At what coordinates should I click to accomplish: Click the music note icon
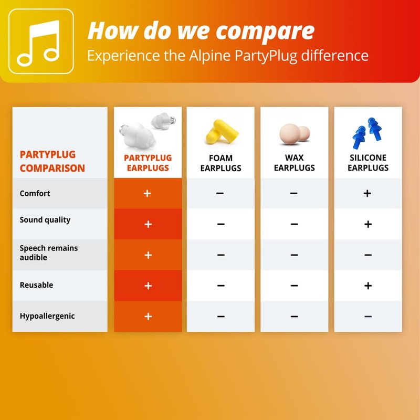pyautogui.click(x=38, y=43)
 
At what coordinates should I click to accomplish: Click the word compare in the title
pyautogui.click(x=265, y=31)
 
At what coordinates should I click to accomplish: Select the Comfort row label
pyautogui.click(x=35, y=193)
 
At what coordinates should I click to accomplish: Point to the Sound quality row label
pyautogui.click(x=45, y=220)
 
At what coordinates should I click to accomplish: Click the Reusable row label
pyautogui.click(x=36, y=285)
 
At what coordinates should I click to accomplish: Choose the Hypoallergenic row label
pyautogui.click(x=47, y=317)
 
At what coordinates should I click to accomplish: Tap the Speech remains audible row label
pyautogui.click(x=49, y=253)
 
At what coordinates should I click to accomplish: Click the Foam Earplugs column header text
pyautogui.click(x=220, y=163)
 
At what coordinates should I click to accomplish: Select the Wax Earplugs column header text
pyautogui.click(x=294, y=163)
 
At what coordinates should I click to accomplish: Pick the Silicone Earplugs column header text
pyautogui.click(x=368, y=163)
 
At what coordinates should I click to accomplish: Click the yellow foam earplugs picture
pyautogui.click(x=222, y=132)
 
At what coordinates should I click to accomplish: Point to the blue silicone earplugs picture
pyautogui.click(x=367, y=133)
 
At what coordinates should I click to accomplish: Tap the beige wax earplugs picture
pyautogui.click(x=295, y=134)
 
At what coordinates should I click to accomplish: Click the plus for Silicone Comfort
pyautogui.click(x=367, y=193)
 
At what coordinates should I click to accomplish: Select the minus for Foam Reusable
pyautogui.click(x=220, y=286)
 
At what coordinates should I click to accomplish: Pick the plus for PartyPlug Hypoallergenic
pyautogui.click(x=148, y=317)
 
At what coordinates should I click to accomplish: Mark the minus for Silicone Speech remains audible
pyautogui.click(x=368, y=255)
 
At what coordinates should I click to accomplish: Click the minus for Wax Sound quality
pyautogui.click(x=294, y=224)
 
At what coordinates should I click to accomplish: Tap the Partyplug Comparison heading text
pyautogui.click(x=52, y=162)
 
